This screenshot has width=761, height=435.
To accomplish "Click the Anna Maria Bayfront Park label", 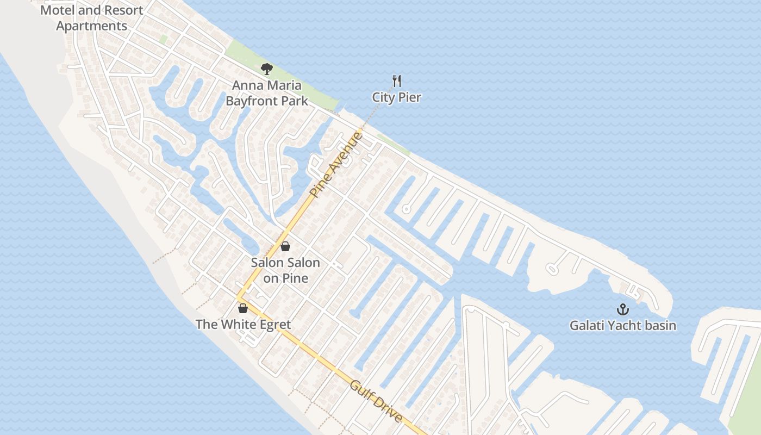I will pos(266,93).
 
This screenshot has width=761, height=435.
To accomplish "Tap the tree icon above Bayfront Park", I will pos(266,69).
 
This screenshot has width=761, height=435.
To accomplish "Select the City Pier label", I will pos(396,97).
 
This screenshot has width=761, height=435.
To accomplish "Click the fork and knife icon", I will pos(397,82).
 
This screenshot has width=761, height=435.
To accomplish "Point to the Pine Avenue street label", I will pos(335,164).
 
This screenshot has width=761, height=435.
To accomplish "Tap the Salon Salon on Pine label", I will pos(285,270).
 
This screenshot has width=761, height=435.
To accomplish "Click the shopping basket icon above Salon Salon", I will pos(285,246).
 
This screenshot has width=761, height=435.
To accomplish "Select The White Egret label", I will pos(243,325).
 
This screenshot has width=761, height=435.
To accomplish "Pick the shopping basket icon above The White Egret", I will pos(243,308).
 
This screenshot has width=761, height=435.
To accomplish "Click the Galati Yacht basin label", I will pos(622,326).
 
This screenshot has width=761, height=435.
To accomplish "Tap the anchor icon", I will pos(622,309).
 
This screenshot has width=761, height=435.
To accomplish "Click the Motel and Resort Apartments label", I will pos(92,18).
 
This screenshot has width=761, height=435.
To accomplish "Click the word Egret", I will pos(275,325).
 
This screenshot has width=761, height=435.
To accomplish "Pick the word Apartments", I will pos(92,26).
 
